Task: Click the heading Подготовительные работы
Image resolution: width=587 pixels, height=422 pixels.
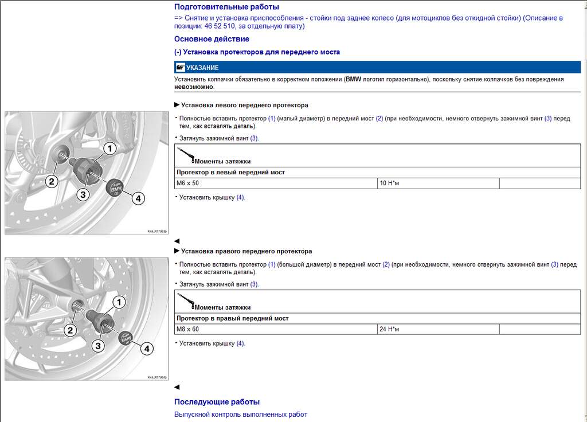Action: tap(226, 7)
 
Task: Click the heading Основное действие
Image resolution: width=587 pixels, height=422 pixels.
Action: tap(212, 39)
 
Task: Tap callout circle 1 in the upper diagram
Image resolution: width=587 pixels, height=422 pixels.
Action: tap(109, 149)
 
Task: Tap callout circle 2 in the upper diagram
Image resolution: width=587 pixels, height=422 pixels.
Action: tap(52, 182)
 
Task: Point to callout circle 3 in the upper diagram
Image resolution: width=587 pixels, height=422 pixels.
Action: tap(83, 195)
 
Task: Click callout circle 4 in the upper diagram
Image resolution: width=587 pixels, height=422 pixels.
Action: tap(138, 198)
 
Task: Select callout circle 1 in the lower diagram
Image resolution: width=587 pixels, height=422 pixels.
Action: tap(119, 302)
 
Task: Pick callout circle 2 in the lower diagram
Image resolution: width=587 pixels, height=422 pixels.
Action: tap(70, 330)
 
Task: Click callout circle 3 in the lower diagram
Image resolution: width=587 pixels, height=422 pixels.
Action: tap(98, 346)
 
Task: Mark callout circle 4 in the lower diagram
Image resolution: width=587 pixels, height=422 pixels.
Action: tap(146, 348)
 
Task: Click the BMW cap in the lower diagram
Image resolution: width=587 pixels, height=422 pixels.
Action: tap(126, 338)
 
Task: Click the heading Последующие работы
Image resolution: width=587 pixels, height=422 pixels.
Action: tap(217, 402)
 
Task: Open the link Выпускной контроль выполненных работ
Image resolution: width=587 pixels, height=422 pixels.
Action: tap(241, 414)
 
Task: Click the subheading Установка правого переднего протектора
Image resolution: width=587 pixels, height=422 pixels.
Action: tap(246, 251)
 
